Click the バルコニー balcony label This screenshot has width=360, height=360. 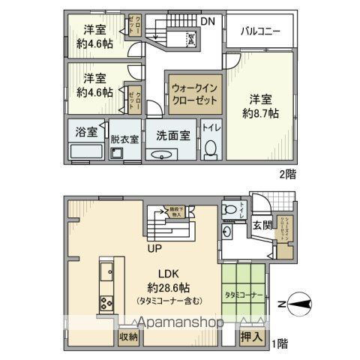[260, 31]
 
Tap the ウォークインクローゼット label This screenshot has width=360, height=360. [193, 93]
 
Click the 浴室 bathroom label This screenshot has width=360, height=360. [86, 132]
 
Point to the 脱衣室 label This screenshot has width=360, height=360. [124, 139]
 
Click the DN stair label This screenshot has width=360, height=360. [208, 21]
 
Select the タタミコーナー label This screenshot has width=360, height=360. [244, 295]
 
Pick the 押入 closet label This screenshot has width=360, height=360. [251, 337]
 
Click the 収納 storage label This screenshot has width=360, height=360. [127, 337]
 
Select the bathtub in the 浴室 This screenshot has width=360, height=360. [85, 152]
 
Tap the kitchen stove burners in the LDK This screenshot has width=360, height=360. [104, 304]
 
